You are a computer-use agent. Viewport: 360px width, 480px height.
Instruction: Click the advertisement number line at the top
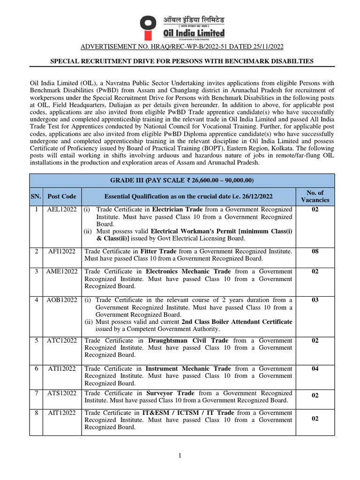pos(182,47)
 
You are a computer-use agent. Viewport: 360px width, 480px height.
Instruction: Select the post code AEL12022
pos(59,210)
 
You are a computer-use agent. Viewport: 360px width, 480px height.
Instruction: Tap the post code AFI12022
pos(59,251)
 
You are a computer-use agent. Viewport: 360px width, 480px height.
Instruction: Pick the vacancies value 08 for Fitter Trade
pos(315,251)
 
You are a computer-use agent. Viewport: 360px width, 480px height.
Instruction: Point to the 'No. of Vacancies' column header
pos(315,196)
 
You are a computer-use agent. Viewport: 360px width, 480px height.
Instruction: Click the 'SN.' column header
pos(36,196)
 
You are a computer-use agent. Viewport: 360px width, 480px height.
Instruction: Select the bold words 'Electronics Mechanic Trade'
pos(188,271)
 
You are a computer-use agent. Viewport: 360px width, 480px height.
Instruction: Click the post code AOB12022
pos(59,300)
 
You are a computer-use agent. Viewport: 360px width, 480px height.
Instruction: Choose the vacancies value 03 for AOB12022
pos(315,300)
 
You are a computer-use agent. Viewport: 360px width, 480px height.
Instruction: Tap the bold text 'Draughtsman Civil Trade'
pos(188,340)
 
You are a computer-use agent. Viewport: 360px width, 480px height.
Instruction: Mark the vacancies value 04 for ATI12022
pos(315,368)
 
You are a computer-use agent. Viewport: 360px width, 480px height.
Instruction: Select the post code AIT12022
pos(59,412)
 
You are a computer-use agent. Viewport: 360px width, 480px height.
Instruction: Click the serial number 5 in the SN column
pos(36,340)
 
